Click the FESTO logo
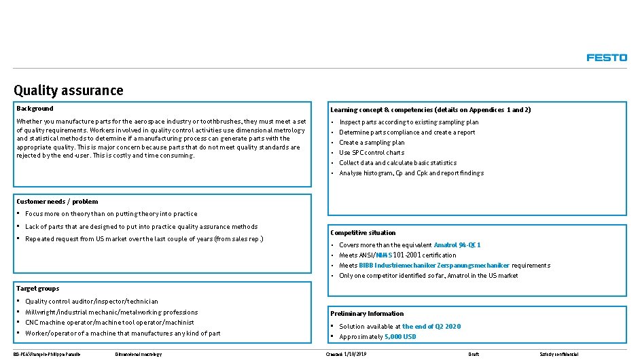point(607,58)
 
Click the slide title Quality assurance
point(69,90)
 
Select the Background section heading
point(35,108)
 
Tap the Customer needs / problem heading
point(57,201)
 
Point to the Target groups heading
point(38,289)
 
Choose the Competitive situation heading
point(363,232)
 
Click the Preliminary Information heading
point(367,313)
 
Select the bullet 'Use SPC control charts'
point(372,152)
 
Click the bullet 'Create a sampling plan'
point(372,143)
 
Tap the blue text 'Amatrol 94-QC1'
point(457,245)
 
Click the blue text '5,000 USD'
point(400,337)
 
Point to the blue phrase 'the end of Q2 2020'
point(431,326)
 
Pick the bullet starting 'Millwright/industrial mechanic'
point(102,312)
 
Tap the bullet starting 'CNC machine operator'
point(109,322)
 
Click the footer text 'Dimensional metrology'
point(139,354)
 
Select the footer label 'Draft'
point(474,354)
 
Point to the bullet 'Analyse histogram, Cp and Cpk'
point(411,173)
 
